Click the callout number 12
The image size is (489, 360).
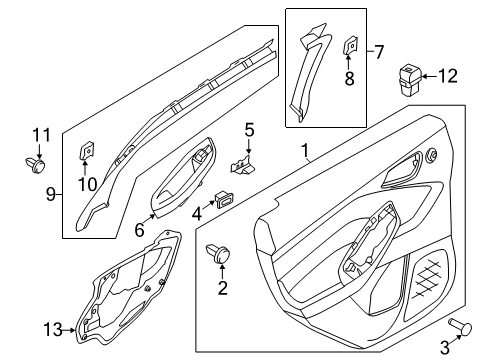tap(447, 76)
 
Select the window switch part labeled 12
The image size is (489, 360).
tap(410, 81)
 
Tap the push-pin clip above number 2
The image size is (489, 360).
tap(218, 253)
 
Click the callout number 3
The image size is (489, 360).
tap(445, 347)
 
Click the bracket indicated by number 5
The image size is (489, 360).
tap(242, 165)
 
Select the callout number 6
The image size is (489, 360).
tap(139, 230)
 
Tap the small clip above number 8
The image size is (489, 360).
tap(349, 45)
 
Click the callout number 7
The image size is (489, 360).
tap(379, 52)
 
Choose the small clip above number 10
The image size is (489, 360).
tap(86, 151)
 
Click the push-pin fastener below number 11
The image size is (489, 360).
tap(35, 165)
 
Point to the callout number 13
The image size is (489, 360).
tap(53, 330)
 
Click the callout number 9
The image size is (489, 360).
tap(51, 194)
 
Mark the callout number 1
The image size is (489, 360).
tap(305, 151)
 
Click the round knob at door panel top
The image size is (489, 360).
tap(432, 155)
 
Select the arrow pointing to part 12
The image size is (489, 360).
tap(429, 77)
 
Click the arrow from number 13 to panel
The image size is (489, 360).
tap(69, 330)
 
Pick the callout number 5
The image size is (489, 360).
tap(250, 130)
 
